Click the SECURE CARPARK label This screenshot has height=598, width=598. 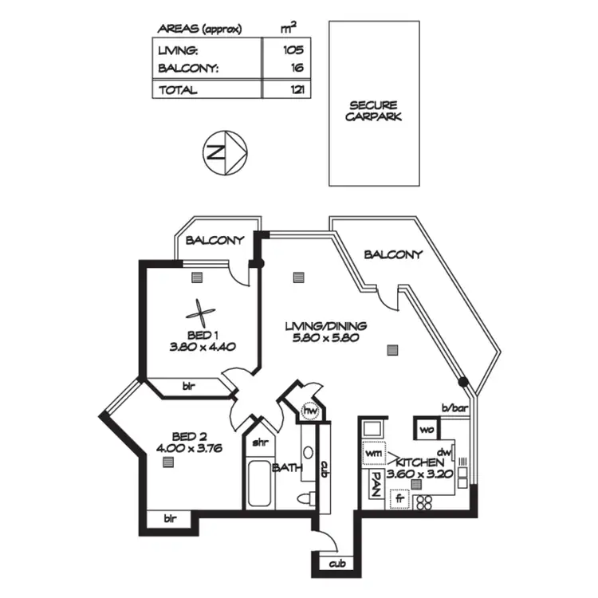(x=374, y=111)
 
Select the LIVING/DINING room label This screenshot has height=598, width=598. (x=326, y=325)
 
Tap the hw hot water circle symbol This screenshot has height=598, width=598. (x=311, y=411)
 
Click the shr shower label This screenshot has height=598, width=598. (x=259, y=443)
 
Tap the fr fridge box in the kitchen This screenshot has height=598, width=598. (x=399, y=500)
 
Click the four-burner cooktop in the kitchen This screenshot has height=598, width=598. (x=424, y=502)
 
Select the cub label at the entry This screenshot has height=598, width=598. (x=334, y=565)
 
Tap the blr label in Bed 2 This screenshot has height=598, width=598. (x=170, y=519)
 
